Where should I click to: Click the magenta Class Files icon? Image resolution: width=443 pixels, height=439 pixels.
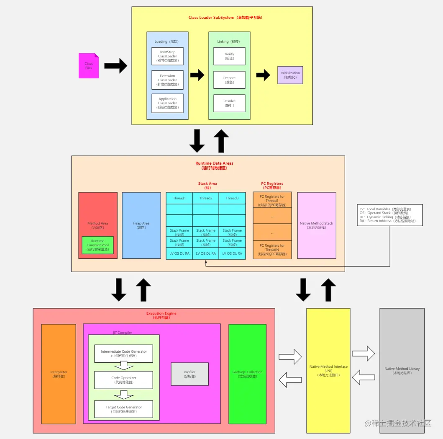coord(89,66)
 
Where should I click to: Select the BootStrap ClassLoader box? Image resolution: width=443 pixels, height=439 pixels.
coord(167,56)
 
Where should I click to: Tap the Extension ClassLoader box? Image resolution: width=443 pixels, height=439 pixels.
coord(167,80)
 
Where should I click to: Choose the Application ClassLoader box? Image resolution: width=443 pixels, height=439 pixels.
coord(167,103)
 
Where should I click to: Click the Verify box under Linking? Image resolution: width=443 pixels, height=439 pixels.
coord(229,56)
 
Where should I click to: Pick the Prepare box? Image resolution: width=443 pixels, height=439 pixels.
coord(229,80)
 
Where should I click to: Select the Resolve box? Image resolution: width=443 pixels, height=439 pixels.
coord(229,103)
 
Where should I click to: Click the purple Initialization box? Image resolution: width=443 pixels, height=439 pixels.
coord(290,75)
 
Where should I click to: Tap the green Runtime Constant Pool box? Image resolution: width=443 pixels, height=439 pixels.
coord(97,245)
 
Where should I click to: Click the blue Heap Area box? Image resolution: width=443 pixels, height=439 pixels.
coord(141,225)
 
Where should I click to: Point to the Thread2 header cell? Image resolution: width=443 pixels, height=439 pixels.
coord(205,198)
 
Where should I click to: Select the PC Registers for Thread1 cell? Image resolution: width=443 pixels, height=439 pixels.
coord(272,198)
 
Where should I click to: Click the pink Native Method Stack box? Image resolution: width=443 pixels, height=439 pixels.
coord(317,225)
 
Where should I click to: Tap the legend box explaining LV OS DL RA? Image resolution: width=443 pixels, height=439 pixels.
coord(389,215)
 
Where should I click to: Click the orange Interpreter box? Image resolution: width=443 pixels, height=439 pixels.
coord(59,374)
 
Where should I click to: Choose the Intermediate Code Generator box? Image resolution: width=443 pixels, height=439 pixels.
coord(124,353)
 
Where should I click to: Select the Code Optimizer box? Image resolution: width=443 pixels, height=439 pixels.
coord(124,380)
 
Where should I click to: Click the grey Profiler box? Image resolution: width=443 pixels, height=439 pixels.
coord(189,374)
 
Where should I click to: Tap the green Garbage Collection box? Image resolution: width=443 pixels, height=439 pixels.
coord(247,374)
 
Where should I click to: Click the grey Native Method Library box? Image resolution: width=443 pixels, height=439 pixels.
coord(402,371)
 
